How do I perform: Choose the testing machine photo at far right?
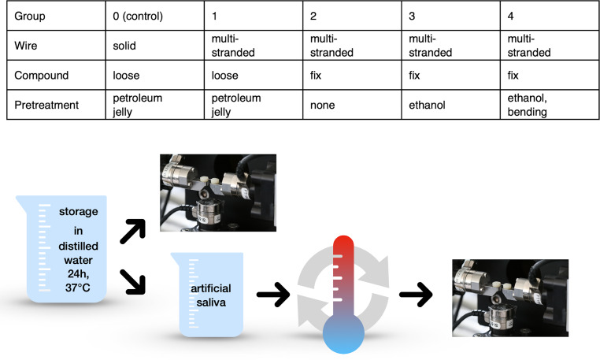point(511,298)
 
